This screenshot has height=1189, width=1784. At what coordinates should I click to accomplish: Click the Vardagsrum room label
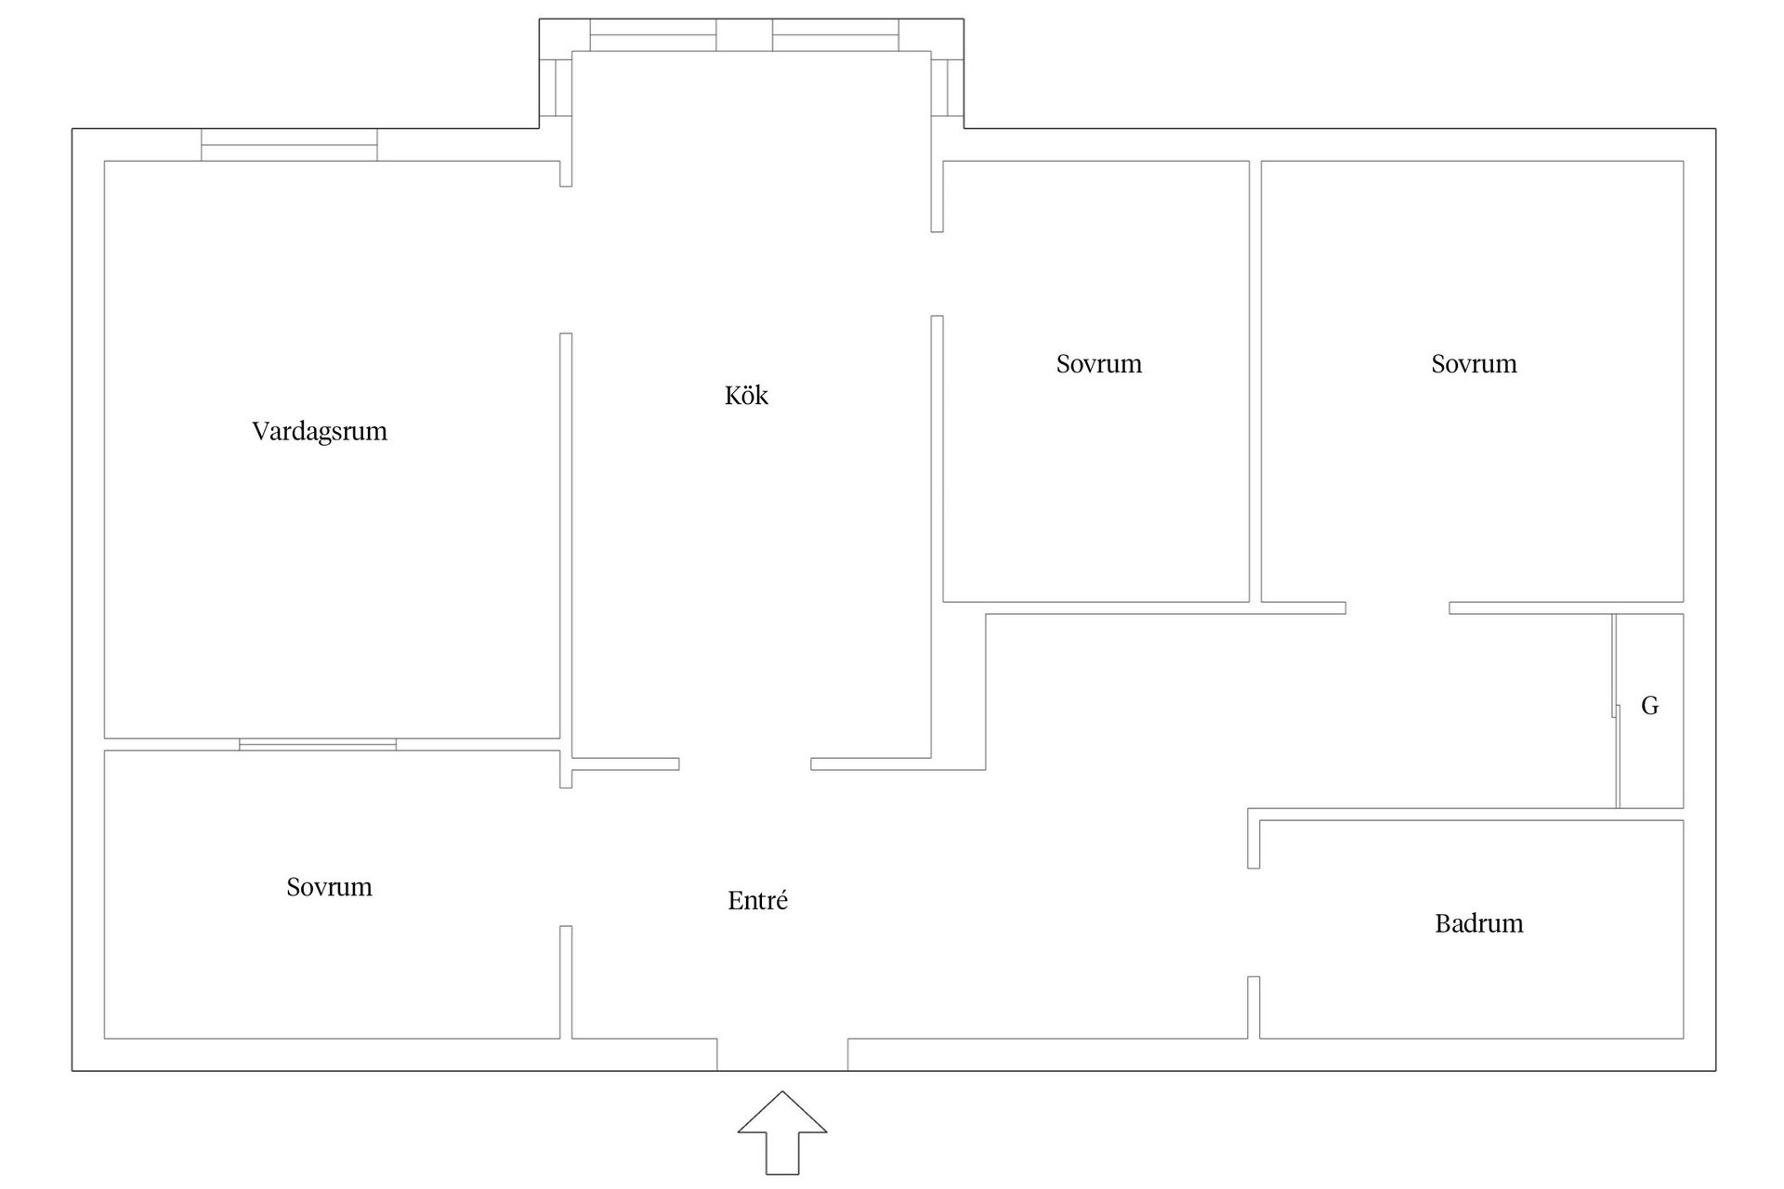[x=320, y=432]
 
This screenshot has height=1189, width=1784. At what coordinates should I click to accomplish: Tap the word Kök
[x=746, y=395]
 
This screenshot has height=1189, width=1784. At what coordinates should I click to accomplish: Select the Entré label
[x=757, y=900]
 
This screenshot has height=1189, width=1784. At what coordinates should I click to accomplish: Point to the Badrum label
[x=1479, y=923]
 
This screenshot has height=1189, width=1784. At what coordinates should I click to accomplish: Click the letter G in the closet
[x=1650, y=706]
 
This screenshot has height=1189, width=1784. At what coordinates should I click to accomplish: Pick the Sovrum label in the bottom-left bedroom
[x=329, y=887]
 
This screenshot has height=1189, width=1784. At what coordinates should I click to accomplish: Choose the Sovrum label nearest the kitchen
[x=1099, y=363]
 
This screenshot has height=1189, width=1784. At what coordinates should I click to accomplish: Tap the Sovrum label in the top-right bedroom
[x=1474, y=363]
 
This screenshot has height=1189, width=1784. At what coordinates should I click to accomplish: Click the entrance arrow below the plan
[x=782, y=1133]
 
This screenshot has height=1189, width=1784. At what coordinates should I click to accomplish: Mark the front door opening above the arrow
[x=782, y=1054]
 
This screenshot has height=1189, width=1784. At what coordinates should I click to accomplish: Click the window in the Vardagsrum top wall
[x=289, y=145]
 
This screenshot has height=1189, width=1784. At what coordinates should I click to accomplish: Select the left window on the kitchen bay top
[x=653, y=35]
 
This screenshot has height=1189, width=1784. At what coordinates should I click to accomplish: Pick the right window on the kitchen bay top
[x=835, y=35]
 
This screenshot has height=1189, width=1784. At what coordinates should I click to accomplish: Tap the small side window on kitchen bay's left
[x=556, y=87]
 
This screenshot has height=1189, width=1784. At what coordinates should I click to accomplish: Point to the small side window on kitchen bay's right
[x=948, y=87]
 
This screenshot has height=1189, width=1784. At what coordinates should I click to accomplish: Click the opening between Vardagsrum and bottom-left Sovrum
[x=318, y=744]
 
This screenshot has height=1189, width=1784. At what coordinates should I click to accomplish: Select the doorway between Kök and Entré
[x=745, y=764]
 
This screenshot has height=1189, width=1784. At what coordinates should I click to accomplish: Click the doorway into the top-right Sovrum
[x=1397, y=608]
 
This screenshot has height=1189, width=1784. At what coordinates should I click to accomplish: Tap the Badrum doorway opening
[x=1253, y=922]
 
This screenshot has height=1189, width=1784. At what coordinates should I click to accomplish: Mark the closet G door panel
[x=1616, y=711]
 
